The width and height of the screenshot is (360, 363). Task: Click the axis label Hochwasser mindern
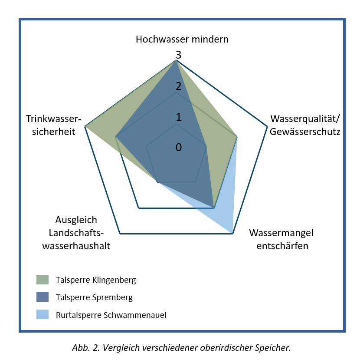tap(182, 40)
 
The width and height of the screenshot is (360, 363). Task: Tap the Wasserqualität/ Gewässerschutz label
tap(305, 125)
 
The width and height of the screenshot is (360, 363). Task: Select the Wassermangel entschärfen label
tap(281, 239)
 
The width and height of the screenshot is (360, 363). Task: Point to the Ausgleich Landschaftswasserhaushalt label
tap(76, 233)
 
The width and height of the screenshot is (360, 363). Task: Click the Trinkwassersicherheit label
tap(54, 125)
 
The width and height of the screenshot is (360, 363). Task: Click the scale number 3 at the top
tap(179, 55)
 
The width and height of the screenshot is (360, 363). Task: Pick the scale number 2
tap(179, 86)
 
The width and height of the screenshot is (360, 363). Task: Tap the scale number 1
tap(179, 117)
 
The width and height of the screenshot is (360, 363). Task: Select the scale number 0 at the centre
tap(179, 148)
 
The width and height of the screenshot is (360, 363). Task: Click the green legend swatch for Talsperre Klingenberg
tap(43, 280)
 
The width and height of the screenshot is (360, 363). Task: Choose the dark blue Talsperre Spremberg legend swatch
tap(43, 297)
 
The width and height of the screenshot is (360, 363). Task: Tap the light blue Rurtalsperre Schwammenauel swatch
tap(43, 314)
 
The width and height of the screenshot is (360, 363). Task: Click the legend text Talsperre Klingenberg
tap(96, 280)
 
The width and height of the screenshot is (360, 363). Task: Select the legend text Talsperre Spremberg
tap(94, 297)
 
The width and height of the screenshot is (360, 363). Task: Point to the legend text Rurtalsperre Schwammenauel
tap(111, 315)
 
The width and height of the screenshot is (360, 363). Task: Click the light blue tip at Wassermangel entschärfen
tap(232, 233)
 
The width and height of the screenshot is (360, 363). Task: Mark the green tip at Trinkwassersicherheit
tap(85, 126)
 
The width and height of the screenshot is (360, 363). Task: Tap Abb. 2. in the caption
tap(86, 348)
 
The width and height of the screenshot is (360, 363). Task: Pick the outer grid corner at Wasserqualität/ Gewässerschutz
tap(267, 126)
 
